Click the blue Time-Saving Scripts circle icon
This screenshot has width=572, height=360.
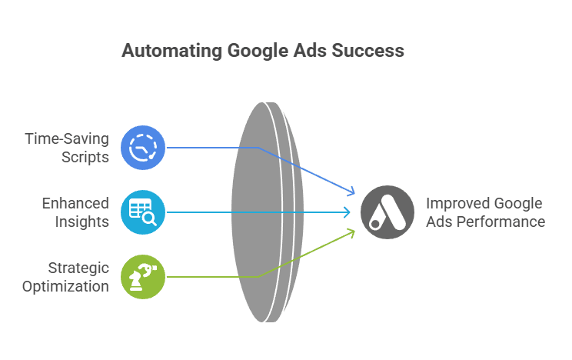143,147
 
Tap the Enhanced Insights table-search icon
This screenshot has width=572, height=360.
143,212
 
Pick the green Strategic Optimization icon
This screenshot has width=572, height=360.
143,276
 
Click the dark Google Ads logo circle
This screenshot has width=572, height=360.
387,212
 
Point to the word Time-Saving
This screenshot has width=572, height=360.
67,139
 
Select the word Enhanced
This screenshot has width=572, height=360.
75,204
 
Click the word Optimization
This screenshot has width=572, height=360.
66,286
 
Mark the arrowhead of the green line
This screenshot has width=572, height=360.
351,231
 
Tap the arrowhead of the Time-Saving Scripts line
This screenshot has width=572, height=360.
351,192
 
